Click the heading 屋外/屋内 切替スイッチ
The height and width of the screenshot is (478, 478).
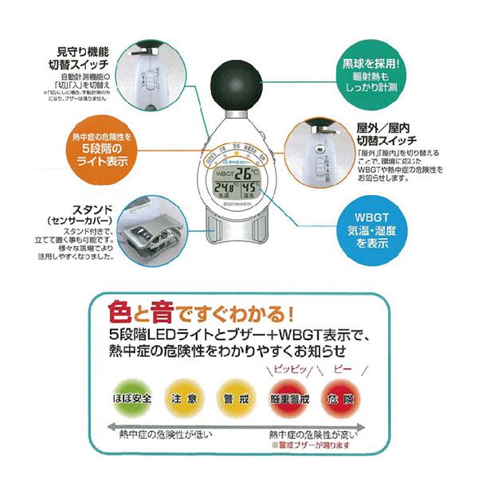(388, 132)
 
